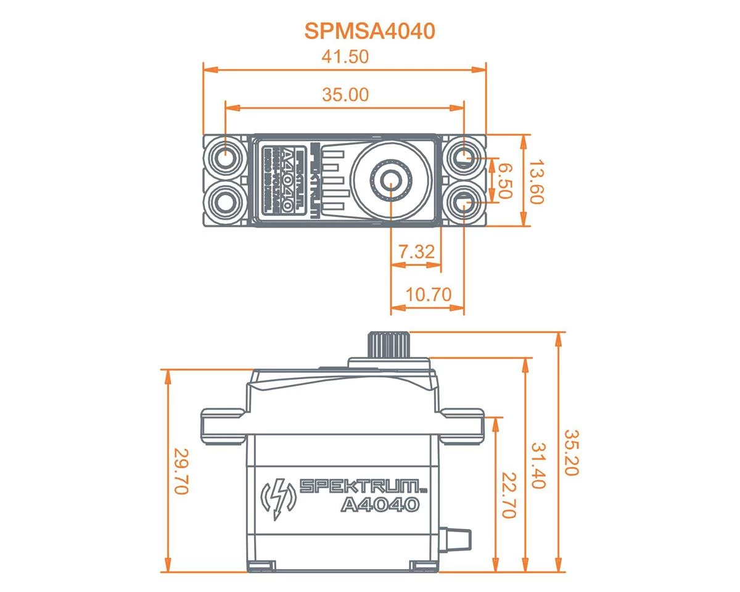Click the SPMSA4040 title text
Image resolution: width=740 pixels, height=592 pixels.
pyautogui.click(x=369, y=31)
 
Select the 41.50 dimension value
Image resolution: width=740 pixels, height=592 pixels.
pyautogui.click(x=345, y=57)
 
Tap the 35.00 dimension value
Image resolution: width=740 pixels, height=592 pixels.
pyautogui.click(x=345, y=94)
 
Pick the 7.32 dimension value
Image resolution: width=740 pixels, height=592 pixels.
pyautogui.click(x=416, y=252)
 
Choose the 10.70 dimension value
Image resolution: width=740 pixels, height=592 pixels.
pyautogui.click(x=428, y=294)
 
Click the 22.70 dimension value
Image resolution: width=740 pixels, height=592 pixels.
pyautogui.click(x=508, y=495)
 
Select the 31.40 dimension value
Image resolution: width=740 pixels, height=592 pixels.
pyautogui.click(x=538, y=465)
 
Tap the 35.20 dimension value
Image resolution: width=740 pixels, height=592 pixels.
pyautogui.click(x=571, y=453)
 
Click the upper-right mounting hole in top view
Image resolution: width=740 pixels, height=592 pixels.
pyautogui.click(x=464, y=158)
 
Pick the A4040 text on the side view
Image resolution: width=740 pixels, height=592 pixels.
pyautogui.click(x=380, y=505)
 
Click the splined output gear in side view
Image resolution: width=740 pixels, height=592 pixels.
pyautogui.click(x=389, y=343)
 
